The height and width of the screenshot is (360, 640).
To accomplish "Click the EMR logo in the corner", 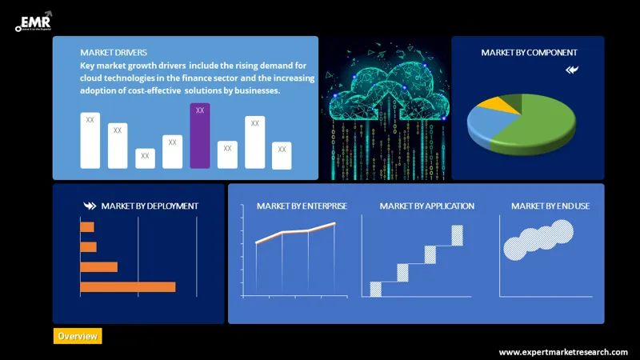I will click(34, 22).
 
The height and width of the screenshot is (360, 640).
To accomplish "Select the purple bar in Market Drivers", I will click(200, 135).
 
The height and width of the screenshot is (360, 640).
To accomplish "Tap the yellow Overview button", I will click(78, 336).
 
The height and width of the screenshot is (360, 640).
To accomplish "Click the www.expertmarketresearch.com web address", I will click(563, 352).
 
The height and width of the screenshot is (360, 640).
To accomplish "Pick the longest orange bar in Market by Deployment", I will click(127, 286).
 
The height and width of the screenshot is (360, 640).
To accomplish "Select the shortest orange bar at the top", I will click(87, 227).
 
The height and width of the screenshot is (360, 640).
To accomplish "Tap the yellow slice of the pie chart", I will click(505, 103).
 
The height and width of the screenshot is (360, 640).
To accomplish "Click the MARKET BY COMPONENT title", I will click(529, 53).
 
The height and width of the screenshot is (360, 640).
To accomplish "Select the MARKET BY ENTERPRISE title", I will click(302, 206).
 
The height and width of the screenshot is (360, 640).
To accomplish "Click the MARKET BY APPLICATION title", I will click(426, 206).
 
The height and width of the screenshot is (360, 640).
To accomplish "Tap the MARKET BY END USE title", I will click(550, 206).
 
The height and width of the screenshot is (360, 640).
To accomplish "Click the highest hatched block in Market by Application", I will click(458, 235).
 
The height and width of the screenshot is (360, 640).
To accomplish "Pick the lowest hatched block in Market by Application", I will click(375, 289).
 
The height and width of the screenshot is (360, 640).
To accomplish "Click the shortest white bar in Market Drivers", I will click(145, 158).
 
